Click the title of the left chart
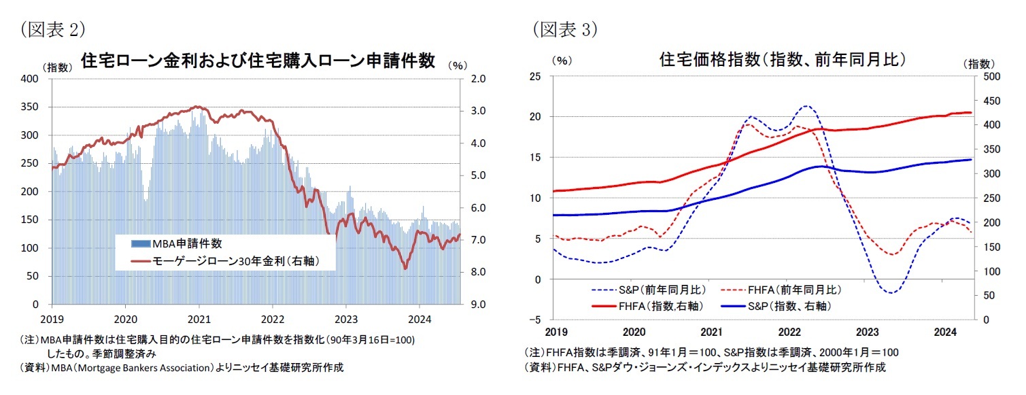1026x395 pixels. (x=258, y=61)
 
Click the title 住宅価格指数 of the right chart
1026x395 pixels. (x=782, y=59)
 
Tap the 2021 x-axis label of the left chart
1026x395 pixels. (x=199, y=318)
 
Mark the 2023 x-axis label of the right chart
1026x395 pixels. (x=867, y=332)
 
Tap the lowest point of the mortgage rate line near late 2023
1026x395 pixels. (x=405, y=269)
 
